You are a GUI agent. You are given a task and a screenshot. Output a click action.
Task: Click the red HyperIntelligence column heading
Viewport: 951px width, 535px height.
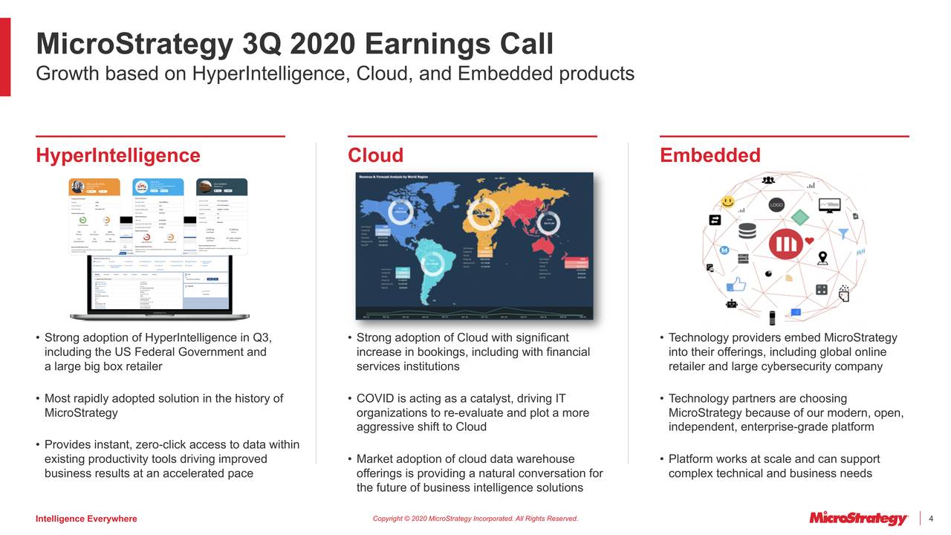[118, 155]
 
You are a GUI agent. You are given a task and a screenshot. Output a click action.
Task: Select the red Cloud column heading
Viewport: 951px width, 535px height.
[375, 155]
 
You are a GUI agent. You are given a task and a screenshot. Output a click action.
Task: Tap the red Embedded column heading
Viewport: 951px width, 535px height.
[710, 155]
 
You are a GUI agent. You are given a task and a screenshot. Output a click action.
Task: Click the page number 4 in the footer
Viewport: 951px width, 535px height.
[931, 518]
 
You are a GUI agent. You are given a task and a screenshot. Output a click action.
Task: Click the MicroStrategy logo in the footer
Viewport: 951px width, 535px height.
[858, 518]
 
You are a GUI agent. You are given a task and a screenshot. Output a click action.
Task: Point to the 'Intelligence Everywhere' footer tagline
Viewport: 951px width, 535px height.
[86, 519]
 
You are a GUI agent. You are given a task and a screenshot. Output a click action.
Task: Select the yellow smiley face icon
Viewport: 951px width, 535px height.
[728, 201]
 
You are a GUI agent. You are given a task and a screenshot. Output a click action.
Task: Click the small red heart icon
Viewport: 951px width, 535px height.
[809, 240]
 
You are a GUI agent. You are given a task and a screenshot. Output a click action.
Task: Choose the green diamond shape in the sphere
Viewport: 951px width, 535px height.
[800, 217]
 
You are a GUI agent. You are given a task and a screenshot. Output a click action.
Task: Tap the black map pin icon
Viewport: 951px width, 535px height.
[822, 258]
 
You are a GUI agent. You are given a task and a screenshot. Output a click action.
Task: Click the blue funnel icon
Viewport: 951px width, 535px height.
[843, 233]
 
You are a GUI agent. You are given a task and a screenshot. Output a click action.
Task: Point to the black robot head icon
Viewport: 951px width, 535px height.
[732, 304]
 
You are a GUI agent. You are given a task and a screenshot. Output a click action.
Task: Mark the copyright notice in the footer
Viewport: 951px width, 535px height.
[475, 519]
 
